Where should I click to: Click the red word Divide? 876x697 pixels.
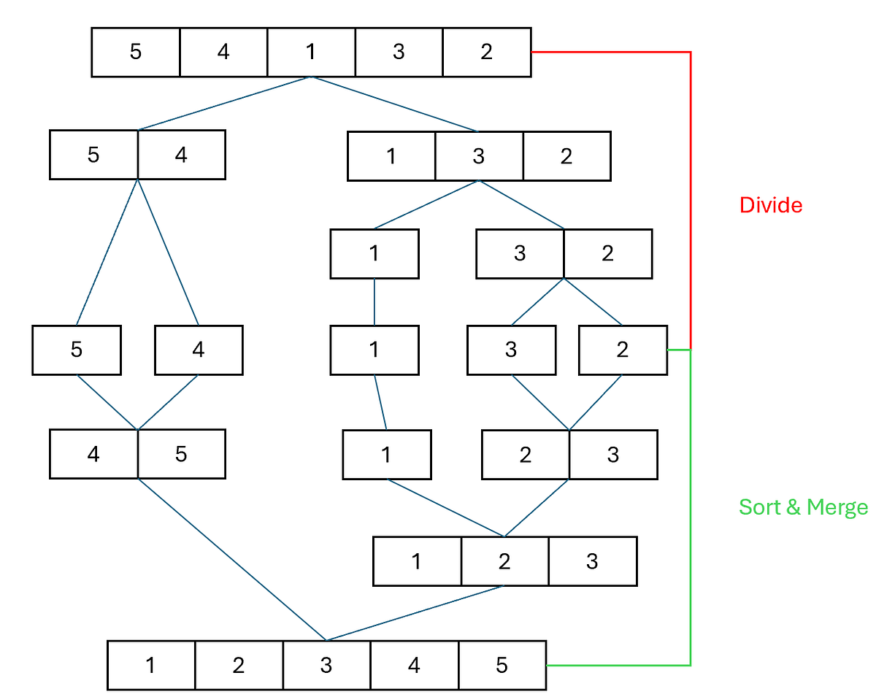coord(771,205)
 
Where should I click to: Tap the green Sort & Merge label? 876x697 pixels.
coord(803,507)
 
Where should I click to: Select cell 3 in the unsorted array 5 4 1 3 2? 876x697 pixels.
coord(399,52)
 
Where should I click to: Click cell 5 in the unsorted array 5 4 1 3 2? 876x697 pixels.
coord(136,52)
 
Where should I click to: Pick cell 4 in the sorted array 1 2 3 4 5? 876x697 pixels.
coord(415,665)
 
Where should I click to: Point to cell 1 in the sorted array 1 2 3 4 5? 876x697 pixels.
coord(151,665)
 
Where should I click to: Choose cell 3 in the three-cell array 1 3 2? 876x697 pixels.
coord(479,156)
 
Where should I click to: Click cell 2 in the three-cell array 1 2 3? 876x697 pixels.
coord(504,561)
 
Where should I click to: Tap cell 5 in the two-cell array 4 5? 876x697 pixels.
coord(182,454)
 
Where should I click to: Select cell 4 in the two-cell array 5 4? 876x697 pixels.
coord(182,155)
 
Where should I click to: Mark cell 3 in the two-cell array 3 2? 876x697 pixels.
coord(520,254)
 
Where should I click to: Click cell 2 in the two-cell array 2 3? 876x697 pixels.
coord(526,455)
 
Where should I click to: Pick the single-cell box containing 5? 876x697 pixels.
coord(77,350)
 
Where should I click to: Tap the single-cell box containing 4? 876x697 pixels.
coord(199,350)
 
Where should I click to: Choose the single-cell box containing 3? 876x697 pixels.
coord(511,350)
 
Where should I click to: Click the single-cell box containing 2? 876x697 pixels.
coord(623,350)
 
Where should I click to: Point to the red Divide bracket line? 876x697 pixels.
coord(691,199)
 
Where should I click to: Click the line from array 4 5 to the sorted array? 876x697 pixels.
coord(232,560)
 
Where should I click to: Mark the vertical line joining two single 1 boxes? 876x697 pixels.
coord(374,302)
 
